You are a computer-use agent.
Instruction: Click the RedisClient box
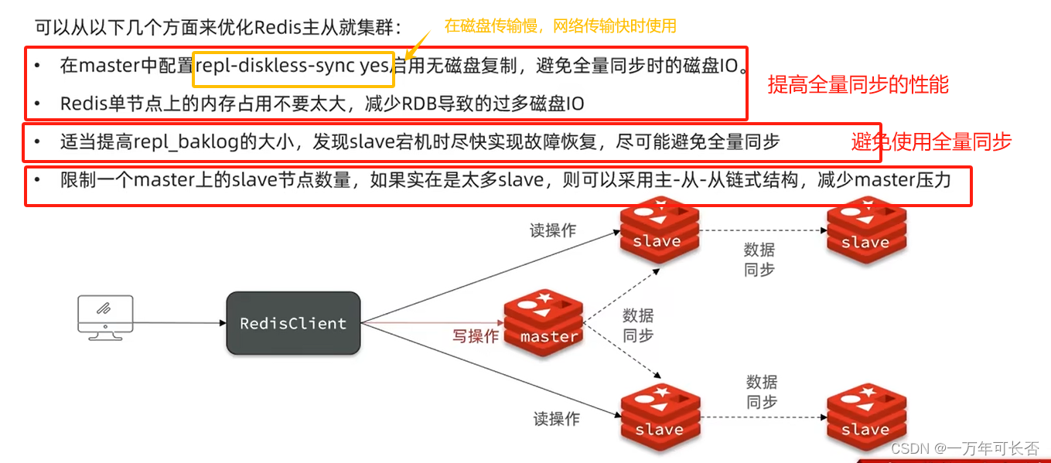(293, 323)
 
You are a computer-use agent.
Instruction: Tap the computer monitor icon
(105, 315)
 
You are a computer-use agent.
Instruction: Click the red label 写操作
(476, 337)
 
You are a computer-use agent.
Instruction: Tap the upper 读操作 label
(552, 230)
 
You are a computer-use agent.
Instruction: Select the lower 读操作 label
(556, 419)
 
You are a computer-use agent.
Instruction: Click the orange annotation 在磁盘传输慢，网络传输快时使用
(560, 26)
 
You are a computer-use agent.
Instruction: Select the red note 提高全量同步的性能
(858, 85)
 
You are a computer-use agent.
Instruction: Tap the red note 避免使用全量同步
(931, 141)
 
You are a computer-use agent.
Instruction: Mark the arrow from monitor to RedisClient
(178, 323)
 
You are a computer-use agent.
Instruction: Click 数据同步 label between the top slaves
(759, 260)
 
